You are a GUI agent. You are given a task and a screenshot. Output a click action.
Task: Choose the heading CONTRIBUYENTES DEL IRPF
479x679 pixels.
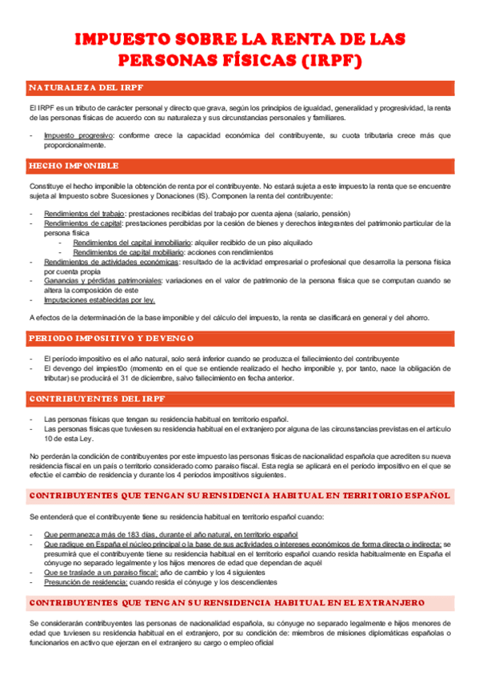[x=97, y=398]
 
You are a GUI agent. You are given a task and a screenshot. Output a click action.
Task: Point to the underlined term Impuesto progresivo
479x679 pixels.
[x=79, y=135]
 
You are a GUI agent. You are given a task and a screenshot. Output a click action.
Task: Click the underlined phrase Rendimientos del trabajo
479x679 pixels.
[x=84, y=214]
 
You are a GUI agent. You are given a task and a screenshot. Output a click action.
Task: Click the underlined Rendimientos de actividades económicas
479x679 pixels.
[x=111, y=261]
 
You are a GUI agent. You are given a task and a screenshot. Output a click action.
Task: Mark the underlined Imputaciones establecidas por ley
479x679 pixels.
[x=99, y=299]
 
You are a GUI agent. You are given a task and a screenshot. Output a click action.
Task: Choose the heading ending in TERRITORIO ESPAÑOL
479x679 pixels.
[x=239, y=495]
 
